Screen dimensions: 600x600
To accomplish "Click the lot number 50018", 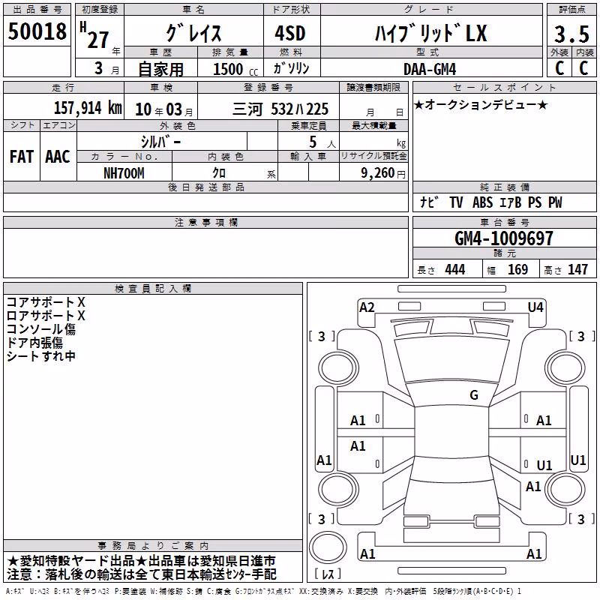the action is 37,31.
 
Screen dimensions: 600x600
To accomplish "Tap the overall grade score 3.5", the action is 571,34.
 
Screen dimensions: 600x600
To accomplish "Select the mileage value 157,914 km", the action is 88,108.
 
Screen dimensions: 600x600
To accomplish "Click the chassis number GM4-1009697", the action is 504,238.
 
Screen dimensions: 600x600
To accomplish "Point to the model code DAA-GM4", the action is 430,69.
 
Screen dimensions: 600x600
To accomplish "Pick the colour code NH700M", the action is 124,173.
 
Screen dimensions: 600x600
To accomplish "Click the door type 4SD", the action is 290,33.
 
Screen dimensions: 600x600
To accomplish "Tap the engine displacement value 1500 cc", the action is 235,69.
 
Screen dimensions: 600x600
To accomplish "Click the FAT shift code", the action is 22,157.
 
